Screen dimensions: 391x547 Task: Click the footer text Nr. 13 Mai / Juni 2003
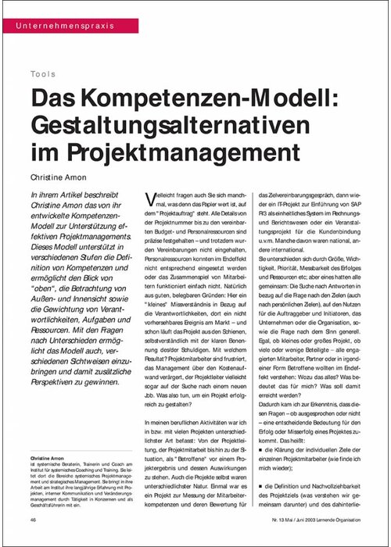[298, 519]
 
